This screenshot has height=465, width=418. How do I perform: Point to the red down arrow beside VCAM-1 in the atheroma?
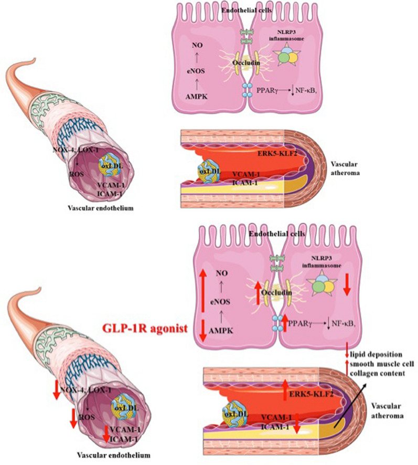tap(297, 424)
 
